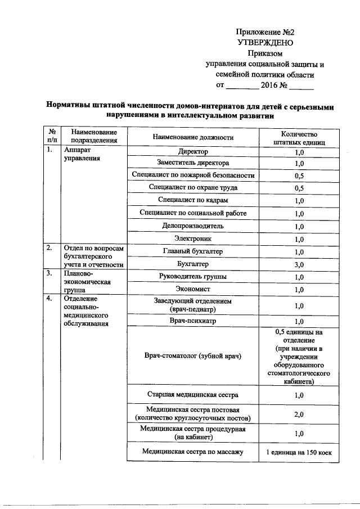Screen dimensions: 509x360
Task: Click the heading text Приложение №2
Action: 265,32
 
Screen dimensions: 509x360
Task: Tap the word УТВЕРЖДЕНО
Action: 265,42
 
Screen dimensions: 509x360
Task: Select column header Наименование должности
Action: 193,137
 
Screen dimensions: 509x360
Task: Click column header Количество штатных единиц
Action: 299,138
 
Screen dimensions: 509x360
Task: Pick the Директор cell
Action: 193,152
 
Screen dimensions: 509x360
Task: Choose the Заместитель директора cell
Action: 193,164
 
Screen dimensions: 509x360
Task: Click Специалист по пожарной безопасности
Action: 193,175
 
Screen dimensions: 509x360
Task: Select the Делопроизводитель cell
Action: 193,226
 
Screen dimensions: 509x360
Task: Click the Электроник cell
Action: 193,239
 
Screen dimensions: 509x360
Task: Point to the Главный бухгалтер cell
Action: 193,251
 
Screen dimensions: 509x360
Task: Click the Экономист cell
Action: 193,290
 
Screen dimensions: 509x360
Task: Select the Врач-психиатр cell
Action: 193,321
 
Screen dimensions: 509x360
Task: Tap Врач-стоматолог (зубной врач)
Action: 193,357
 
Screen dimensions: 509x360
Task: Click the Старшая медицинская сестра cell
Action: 193,395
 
